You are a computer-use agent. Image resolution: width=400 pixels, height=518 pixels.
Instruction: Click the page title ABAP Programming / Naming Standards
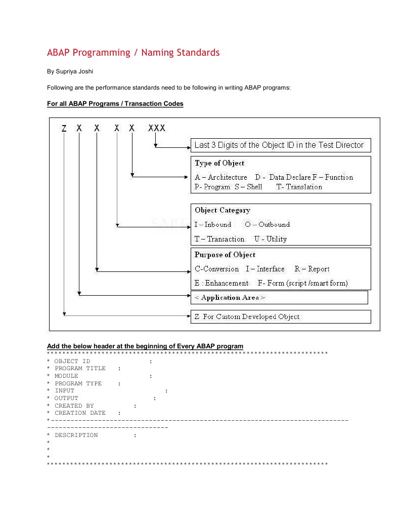[133, 53]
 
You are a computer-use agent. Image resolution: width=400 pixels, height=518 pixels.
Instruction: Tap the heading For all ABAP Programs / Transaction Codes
[115, 104]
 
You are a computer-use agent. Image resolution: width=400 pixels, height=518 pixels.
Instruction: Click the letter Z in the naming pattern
[64, 129]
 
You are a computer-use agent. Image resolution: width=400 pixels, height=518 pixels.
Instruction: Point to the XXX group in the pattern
[157, 129]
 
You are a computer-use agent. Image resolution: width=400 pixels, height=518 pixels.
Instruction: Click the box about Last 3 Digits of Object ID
[280, 145]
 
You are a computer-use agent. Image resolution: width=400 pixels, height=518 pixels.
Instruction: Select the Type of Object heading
[219, 163]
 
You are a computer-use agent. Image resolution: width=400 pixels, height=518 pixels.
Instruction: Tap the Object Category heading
[223, 210]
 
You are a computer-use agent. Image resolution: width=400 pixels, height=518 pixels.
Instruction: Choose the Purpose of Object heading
[225, 255]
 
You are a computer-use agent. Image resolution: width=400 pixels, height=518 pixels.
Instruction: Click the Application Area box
[279, 298]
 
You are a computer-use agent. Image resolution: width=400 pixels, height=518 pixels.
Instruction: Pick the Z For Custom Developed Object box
[280, 317]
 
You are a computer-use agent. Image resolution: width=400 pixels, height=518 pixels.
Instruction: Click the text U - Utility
[271, 239]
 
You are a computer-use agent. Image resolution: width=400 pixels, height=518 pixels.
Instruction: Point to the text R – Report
[312, 269]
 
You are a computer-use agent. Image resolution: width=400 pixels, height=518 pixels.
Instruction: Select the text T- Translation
[299, 187]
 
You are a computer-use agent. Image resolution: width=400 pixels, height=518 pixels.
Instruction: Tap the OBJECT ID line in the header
[72, 361]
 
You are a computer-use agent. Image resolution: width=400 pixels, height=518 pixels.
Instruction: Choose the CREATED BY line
[74, 406]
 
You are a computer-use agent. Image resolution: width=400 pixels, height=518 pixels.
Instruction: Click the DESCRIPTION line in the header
[76, 435]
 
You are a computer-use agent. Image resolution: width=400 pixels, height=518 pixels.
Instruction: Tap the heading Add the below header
[145, 346]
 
